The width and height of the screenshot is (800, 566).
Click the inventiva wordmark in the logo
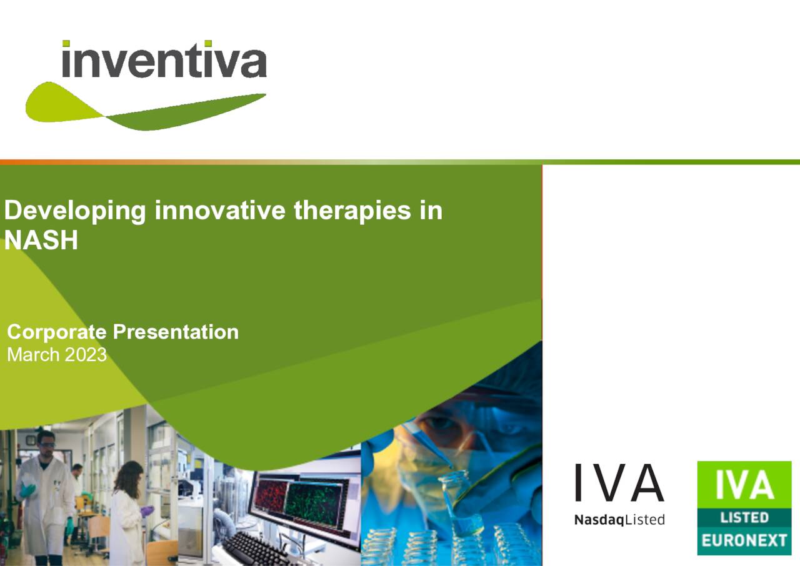point(164,60)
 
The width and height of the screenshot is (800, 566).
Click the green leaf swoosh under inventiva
point(125,109)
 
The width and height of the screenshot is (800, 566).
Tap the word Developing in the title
point(75,211)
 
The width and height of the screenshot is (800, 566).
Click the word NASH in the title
point(41,241)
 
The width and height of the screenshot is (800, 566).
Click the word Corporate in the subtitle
point(56,332)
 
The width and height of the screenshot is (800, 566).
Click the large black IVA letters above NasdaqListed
point(619,484)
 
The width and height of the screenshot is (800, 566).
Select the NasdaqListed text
point(619,520)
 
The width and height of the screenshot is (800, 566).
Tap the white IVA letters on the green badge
point(744,486)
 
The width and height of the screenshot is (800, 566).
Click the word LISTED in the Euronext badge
point(744,517)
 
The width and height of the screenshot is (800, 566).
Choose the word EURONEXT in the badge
point(744,540)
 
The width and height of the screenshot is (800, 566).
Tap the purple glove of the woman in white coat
point(146,511)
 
